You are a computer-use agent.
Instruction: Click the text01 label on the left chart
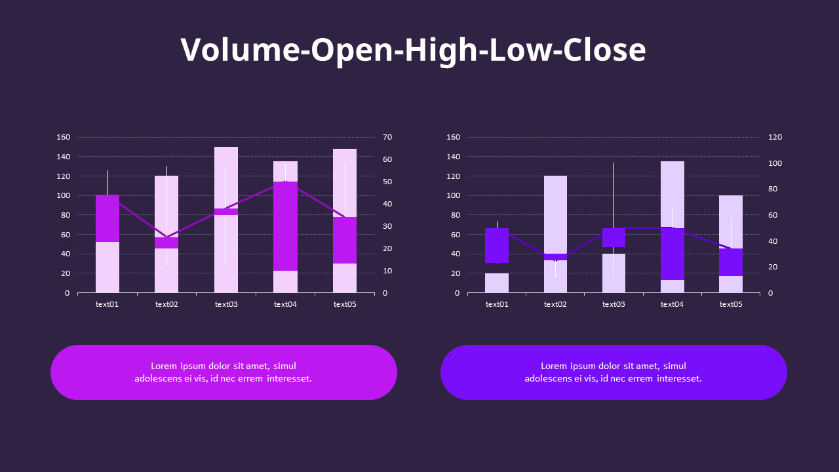(x=107, y=304)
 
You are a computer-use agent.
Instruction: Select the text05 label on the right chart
(x=731, y=304)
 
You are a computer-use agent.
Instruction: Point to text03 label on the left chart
(x=226, y=304)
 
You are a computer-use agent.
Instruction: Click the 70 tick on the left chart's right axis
(x=387, y=137)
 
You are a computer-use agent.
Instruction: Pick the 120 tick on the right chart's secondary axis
(x=775, y=137)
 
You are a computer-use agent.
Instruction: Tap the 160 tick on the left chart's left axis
(x=63, y=137)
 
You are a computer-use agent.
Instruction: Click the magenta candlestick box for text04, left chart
(x=285, y=226)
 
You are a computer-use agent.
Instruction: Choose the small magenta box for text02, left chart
(x=166, y=243)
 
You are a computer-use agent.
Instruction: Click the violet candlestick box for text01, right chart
(x=497, y=245)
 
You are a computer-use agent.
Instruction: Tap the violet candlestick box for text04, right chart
(x=672, y=254)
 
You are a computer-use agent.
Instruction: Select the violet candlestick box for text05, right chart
(x=731, y=262)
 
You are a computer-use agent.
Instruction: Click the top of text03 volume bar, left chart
(x=226, y=149)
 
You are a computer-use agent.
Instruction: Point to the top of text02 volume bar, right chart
(x=555, y=178)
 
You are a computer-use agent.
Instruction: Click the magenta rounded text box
(x=224, y=372)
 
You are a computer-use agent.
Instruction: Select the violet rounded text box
(x=614, y=372)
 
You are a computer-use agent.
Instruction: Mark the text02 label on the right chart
(x=555, y=304)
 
